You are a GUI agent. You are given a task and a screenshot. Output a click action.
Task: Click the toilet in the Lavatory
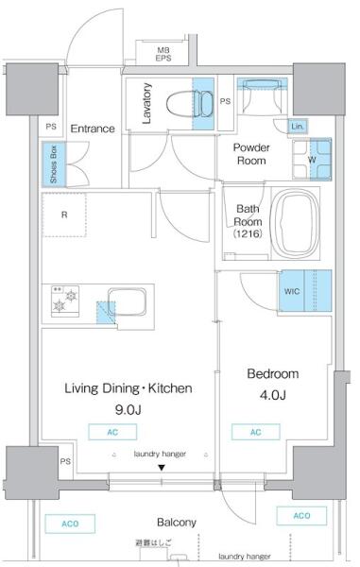coord(190,104)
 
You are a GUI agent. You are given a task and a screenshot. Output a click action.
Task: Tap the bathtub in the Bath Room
coord(295,223)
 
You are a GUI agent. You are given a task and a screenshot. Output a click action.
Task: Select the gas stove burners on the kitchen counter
coord(65,301)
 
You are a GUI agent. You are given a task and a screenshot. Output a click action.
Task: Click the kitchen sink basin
coord(128,302)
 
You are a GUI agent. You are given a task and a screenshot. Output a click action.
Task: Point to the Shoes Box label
coord(54,164)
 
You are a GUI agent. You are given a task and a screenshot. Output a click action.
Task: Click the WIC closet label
coord(291,291)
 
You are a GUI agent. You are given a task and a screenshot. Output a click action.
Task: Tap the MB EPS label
coord(163,54)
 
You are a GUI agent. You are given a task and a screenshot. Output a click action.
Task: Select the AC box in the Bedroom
coord(255,432)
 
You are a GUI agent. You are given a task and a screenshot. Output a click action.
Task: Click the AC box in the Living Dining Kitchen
coord(112,432)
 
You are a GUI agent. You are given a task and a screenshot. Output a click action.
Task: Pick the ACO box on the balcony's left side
coord(70,524)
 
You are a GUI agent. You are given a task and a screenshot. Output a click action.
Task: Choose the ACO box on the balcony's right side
coord(301,515)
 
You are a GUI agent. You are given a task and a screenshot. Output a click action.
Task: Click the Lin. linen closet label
coord(298,127)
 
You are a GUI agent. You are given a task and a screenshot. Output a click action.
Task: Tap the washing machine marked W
coord(312,160)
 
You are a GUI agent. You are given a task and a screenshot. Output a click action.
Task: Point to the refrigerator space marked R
coord(64,215)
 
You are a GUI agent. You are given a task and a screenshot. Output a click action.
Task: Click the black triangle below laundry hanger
coord(162,468)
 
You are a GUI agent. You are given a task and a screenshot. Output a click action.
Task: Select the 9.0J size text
coord(128,410)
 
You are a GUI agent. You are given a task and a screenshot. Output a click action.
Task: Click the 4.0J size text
coord(272,395)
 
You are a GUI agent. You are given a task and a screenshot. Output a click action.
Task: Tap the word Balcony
coord(177,523)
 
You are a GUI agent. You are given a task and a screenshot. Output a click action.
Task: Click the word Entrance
coord(93,129)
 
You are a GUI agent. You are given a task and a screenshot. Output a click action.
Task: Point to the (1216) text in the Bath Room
coord(248,233)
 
